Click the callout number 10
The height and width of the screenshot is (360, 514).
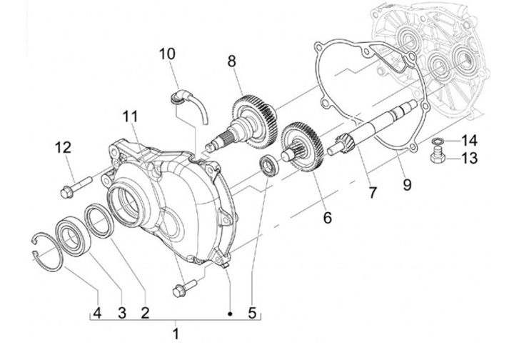[166, 54]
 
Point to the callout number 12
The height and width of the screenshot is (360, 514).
[64, 148]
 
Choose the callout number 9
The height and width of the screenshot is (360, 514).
[406, 186]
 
